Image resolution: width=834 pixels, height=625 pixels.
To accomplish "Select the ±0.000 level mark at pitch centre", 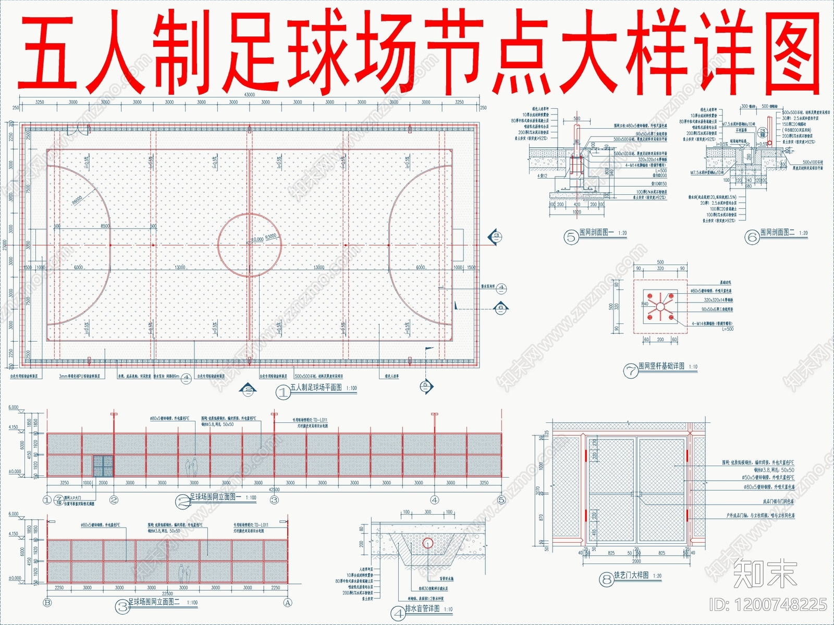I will pos(257,239).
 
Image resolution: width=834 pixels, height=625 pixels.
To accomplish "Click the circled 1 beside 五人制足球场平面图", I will pos(283,392).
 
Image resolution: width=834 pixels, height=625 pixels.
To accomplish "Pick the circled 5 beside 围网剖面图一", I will pos(571,238).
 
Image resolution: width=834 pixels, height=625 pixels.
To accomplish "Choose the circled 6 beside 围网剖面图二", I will pos(752,238).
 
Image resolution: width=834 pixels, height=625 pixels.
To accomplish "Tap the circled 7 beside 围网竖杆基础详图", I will pos(631,371).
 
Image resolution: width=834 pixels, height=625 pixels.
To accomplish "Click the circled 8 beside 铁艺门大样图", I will pos(606,579).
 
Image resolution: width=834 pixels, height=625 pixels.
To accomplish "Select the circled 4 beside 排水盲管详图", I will pos(398,612).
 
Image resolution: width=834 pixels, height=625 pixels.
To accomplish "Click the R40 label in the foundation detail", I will pos(645,304).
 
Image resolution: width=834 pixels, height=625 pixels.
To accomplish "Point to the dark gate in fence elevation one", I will pos(103,466).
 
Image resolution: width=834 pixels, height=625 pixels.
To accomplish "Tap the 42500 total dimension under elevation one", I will pos(274,490).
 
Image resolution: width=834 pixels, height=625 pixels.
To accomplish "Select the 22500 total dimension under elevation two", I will pos(167,594).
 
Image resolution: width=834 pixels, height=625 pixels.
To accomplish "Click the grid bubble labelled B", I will pos(47,603).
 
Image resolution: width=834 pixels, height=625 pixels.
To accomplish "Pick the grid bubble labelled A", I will pos(287,603).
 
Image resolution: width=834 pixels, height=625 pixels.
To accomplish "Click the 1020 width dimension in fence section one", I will pos(577,212).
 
